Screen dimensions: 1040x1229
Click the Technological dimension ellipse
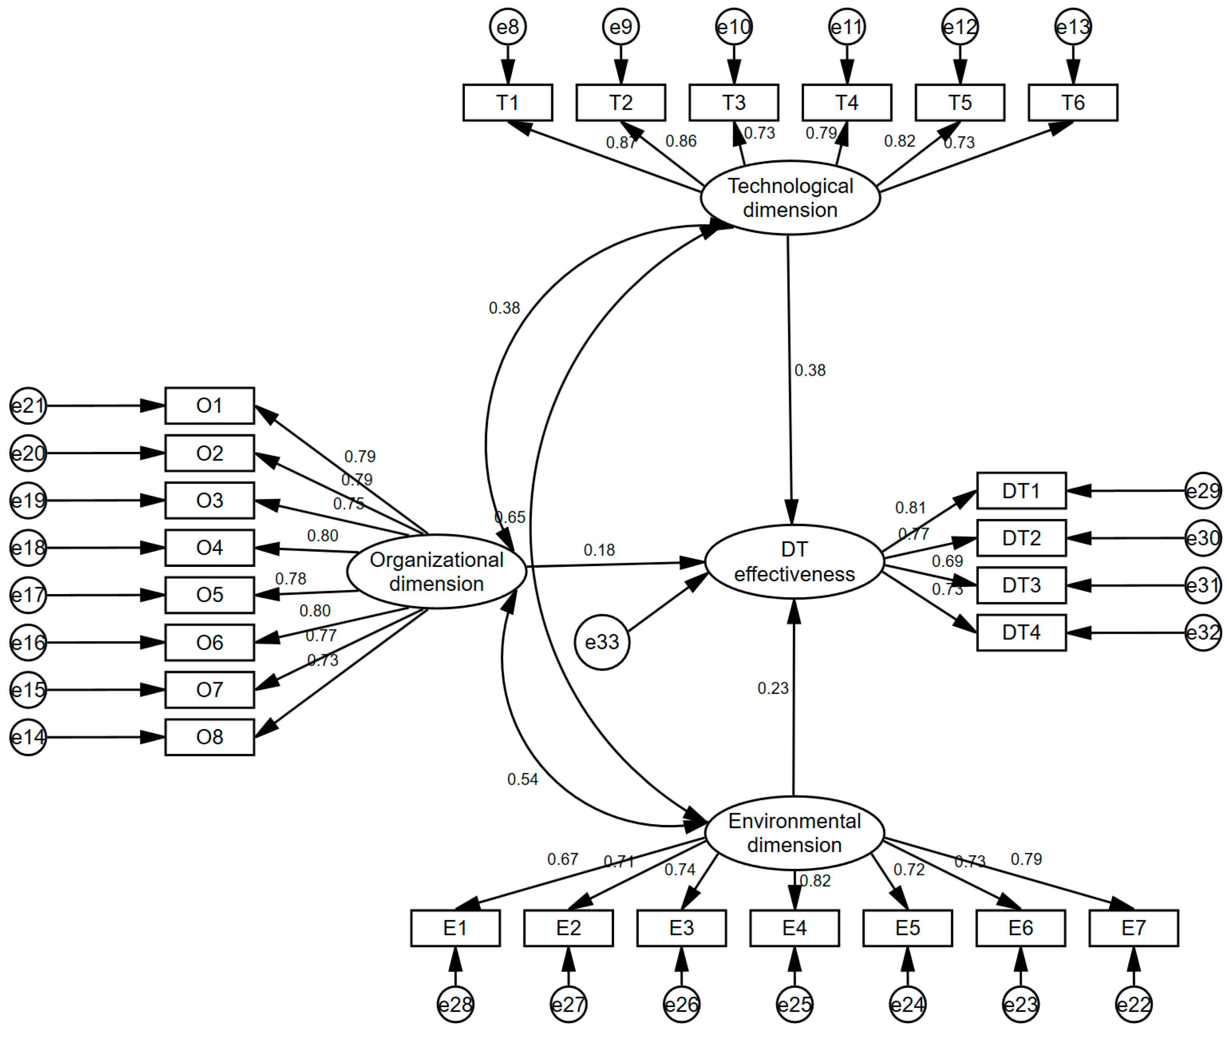click(790, 198)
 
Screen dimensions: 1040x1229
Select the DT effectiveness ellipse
click(794, 562)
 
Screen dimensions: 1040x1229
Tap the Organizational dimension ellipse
click(436, 571)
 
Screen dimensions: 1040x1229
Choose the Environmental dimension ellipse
click(794, 832)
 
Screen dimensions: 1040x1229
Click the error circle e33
click(602, 642)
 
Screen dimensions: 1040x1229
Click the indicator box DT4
click(1021, 633)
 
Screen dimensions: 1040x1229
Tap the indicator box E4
click(794, 928)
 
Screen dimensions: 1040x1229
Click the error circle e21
click(28, 405)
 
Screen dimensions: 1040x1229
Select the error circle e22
click(1133, 1004)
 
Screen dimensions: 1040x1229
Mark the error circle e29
click(1203, 490)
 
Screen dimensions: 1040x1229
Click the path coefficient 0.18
click(599, 550)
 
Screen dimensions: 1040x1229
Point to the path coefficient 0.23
click(773, 688)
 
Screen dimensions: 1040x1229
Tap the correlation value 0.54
click(522, 780)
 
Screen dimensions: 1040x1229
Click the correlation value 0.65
click(510, 517)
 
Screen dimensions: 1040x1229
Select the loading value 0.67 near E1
click(562, 859)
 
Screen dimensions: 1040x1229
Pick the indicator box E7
click(1133, 928)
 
